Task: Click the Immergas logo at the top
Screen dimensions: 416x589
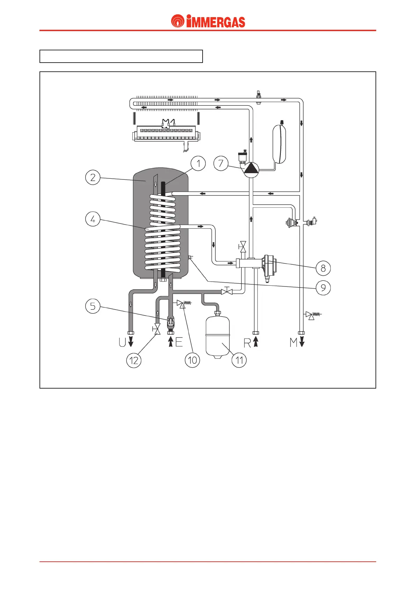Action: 208,21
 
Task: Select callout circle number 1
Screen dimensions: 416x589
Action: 198,163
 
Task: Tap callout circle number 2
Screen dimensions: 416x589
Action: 93,177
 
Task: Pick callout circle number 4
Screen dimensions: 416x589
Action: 93,219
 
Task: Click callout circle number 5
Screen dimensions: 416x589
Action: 93,306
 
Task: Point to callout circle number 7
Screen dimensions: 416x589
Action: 221,163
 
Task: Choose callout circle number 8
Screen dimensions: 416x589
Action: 323,268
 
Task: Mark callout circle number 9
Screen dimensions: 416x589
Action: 323,288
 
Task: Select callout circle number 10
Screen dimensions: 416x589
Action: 192,360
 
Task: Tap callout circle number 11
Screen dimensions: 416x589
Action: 239,360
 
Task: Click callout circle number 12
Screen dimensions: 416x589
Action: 134,360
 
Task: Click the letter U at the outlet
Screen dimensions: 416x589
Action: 122,342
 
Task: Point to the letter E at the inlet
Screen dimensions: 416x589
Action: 179,342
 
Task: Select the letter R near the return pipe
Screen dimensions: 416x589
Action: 247,343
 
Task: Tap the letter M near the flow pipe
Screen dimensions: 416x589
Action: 294,342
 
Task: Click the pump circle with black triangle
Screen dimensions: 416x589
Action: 251,169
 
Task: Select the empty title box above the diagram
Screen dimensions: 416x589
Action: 121,56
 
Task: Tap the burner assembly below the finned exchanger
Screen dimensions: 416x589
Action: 166,133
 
